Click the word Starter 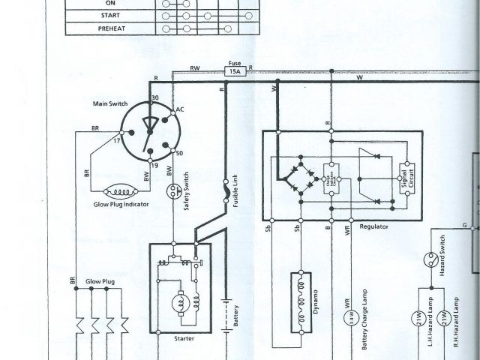183,338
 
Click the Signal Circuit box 409,179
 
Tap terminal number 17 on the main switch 117,139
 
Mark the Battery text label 235,316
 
